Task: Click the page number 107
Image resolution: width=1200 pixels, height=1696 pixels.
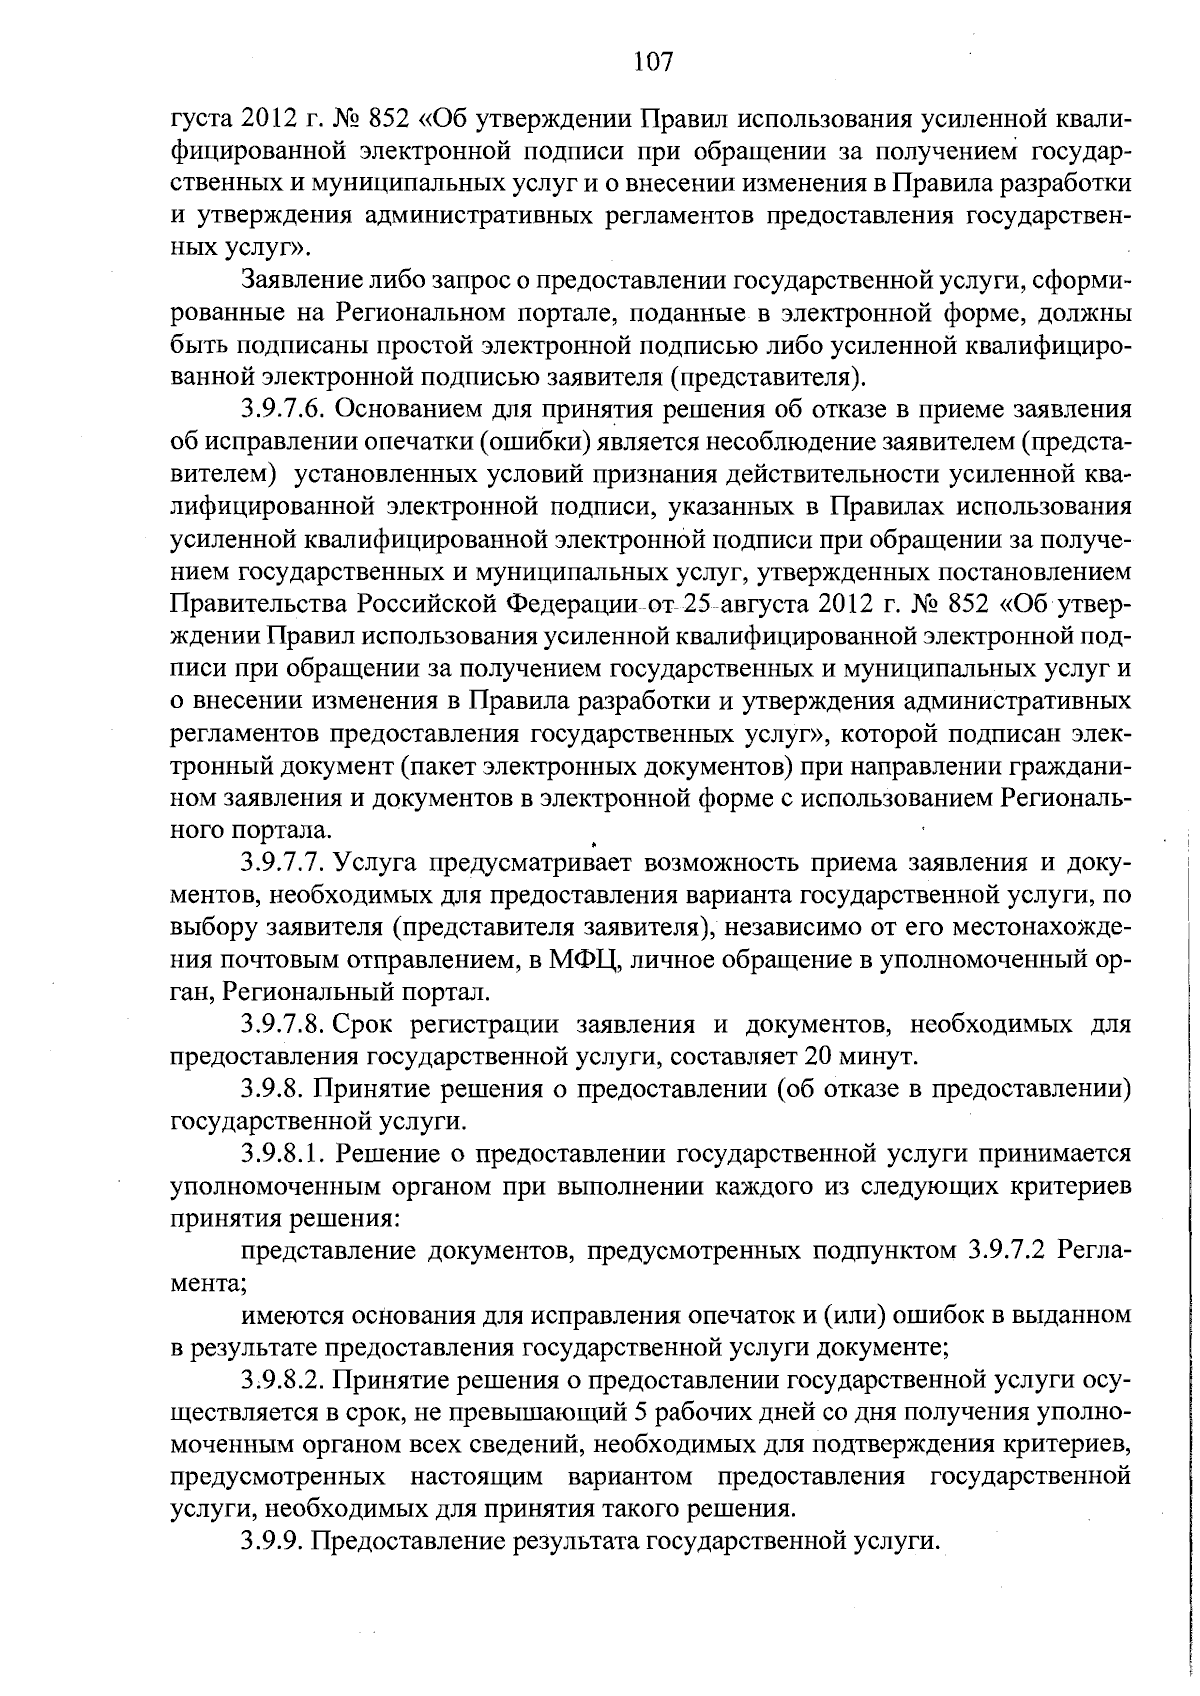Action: pos(654,62)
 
